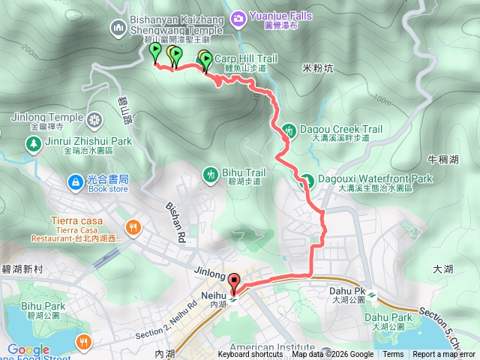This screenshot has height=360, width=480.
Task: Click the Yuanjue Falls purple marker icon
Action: coord(238,16)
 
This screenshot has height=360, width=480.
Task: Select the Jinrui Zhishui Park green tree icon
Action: coord(33,142)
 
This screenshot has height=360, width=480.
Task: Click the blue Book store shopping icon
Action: coord(75,181)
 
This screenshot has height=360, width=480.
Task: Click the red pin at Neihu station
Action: coord(233,283)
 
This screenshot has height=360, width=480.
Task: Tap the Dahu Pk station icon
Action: coord(370,294)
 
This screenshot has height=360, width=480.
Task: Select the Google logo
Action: coord(28,349)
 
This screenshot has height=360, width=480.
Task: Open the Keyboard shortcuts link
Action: coord(250,355)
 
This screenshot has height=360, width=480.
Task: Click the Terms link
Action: coord(393,355)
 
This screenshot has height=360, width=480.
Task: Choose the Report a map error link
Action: coord(443,355)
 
